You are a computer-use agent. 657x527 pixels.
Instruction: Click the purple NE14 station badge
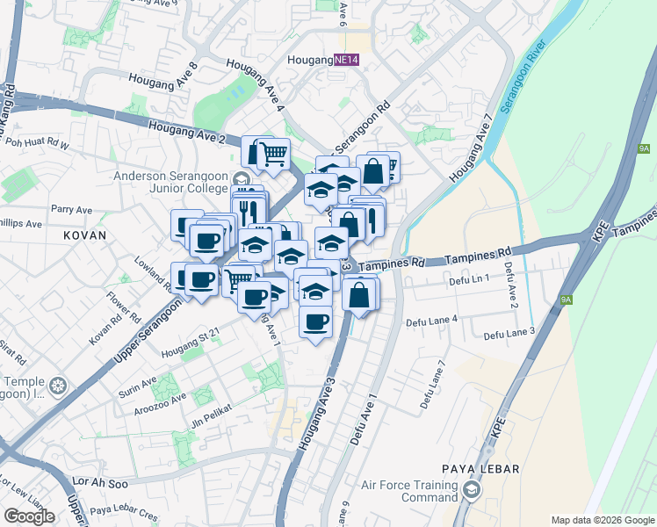click(347, 60)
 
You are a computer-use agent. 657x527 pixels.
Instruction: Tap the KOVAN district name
click(84, 235)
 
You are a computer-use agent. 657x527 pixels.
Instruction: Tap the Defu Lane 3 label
click(509, 334)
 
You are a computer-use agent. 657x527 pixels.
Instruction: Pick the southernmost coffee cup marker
click(314, 322)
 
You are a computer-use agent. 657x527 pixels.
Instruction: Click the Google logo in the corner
click(30, 516)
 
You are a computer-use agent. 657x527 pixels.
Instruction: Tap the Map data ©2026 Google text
click(603, 520)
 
